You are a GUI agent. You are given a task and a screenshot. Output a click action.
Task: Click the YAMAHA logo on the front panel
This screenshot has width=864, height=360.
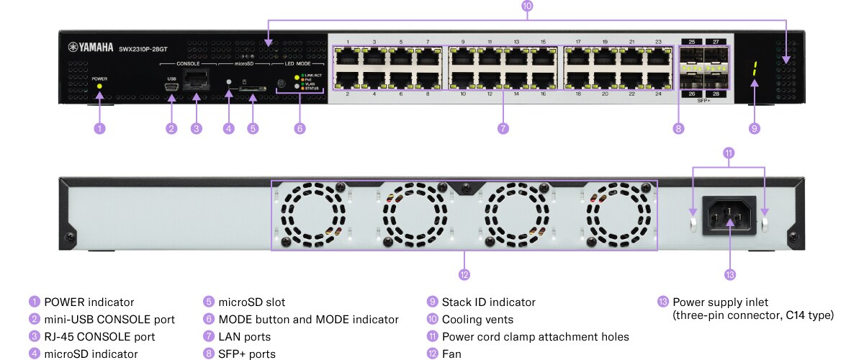(x=91, y=48)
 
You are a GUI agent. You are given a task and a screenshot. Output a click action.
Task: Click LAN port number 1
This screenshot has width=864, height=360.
(x=347, y=56)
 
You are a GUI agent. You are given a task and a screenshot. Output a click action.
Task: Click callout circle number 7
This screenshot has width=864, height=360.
(x=503, y=129)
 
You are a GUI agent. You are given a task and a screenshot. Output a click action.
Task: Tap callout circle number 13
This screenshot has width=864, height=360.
(x=730, y=274)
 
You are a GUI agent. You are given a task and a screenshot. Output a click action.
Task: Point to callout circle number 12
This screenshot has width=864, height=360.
(x=464, y=274)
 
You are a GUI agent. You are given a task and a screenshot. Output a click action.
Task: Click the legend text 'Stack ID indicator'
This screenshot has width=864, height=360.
(x=488, y=302)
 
